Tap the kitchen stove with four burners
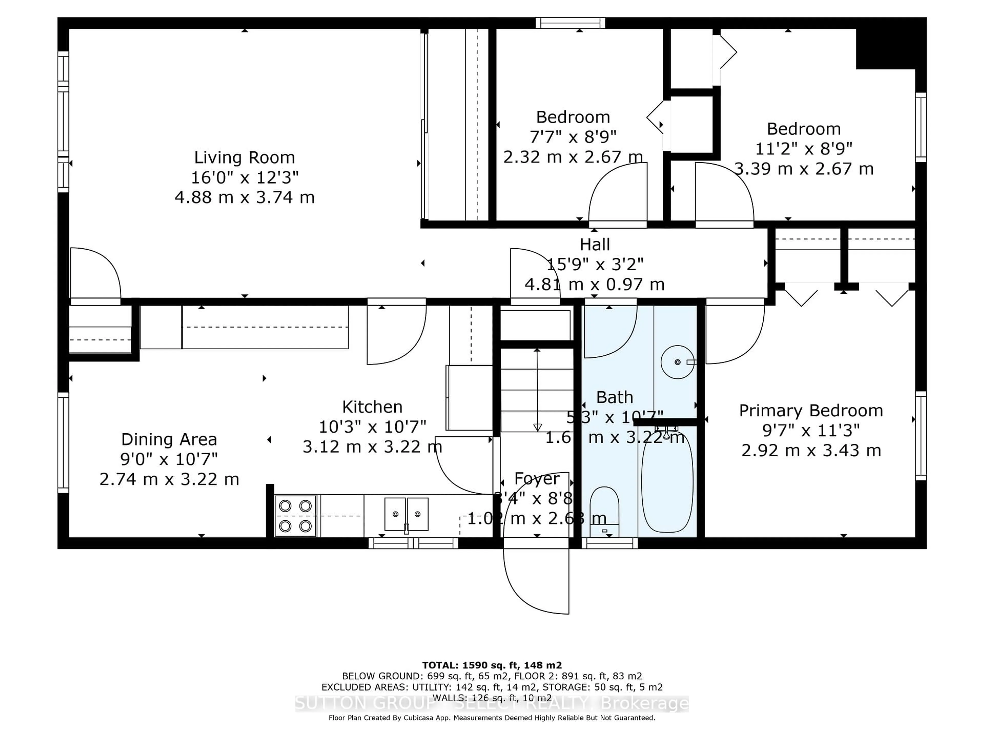coord(295,516)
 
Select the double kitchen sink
coord(406,514)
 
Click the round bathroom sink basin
coord(677,362)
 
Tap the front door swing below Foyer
coord(536,578)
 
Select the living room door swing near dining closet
coord(95,274)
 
